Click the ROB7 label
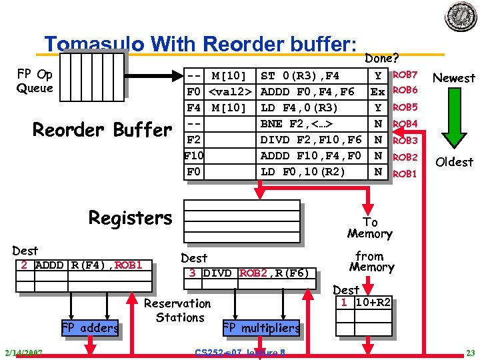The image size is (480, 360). point(405,75)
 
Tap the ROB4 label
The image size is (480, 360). point(405,124)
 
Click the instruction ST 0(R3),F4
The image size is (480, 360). point(300,75)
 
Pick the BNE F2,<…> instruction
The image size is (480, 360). point(297,124)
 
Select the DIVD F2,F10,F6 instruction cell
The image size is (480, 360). point(311,140)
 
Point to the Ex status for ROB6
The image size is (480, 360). point(378,91)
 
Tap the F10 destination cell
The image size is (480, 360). point(193,156)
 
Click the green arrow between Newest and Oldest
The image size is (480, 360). point(453,120)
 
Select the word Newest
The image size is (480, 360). point(454,78)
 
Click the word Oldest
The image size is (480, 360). point(454,162)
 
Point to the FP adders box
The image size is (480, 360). point(90,327)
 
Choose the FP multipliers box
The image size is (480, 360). point(261,328)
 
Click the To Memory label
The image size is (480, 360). point(369,228)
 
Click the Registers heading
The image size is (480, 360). point(130,218)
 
